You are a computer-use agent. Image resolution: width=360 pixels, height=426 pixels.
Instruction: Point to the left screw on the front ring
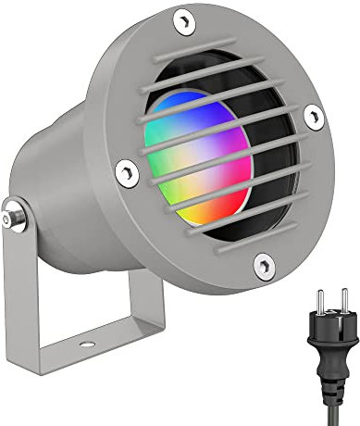(122, 170)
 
